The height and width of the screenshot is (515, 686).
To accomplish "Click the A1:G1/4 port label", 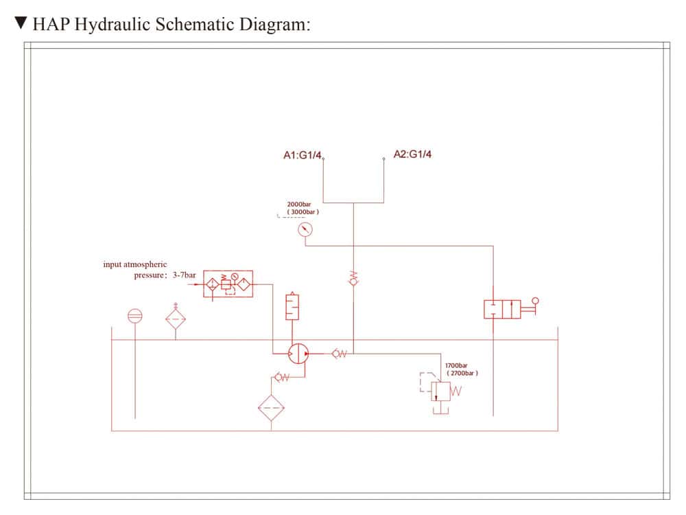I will click(x=302, y=156).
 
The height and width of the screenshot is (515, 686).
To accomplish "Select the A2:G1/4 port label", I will click(x=412, y=154).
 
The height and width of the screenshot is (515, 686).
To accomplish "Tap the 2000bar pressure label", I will click(x=299, y=205).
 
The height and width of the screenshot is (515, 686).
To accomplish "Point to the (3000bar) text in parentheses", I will click(x=303, y=213).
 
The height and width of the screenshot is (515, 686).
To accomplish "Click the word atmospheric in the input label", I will click(x=145, y=264).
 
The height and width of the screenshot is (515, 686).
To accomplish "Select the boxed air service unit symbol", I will click(x=228, y=284).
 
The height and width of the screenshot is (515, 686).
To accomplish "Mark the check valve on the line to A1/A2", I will click(x=353, y=277).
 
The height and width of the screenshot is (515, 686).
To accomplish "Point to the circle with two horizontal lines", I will click(x=135, y=316).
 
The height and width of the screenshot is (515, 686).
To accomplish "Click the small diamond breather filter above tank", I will click(x=176, y=319).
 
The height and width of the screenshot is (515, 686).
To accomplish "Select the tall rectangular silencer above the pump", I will click(x=293, y=306).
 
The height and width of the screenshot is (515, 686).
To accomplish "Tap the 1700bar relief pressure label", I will click(x=456, y=365).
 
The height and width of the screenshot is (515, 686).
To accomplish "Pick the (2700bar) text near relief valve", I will click(x=462, y=373).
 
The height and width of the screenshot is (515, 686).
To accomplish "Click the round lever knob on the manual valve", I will click(x=535, y=300).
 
